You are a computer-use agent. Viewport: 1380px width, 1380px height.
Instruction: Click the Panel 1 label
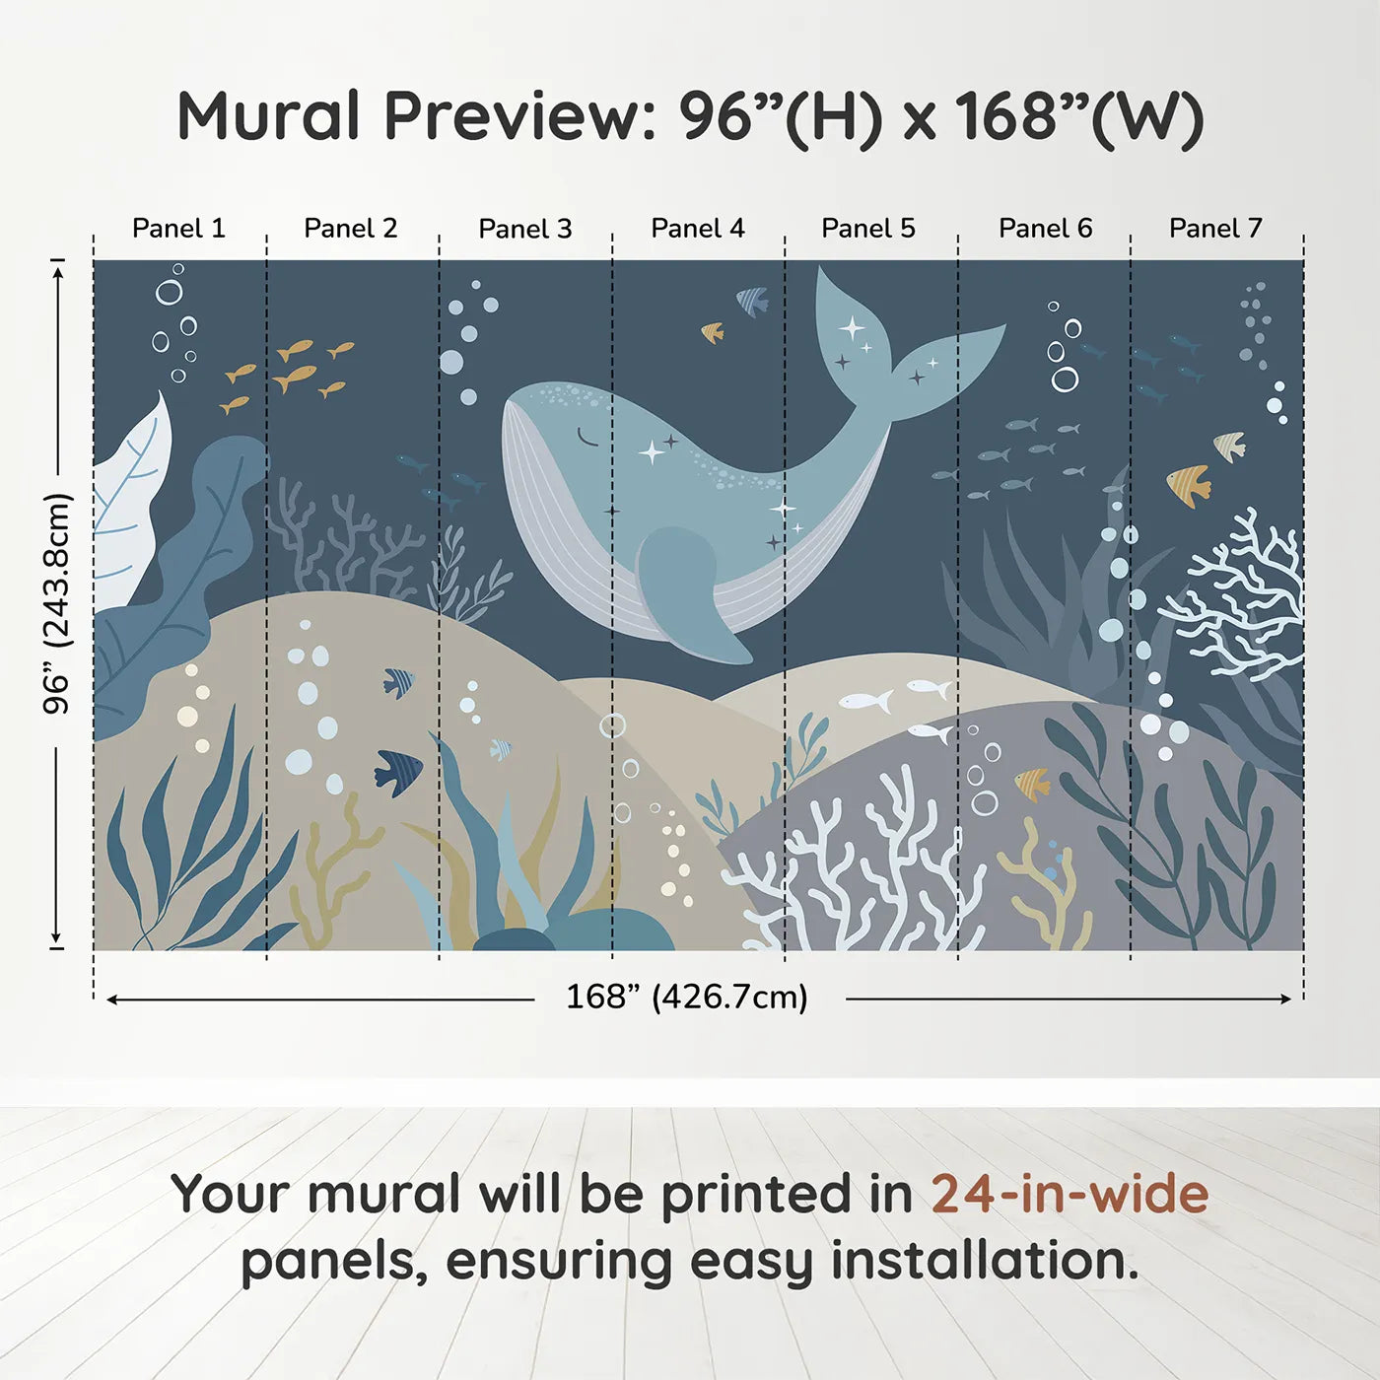(x=178, y=229)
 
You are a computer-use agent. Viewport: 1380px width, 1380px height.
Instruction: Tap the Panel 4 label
(x=697, y=229)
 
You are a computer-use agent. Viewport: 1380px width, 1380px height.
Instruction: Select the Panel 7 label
(x=1214, y=229)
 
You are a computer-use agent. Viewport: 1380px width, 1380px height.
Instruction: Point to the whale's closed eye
(x=587, y=437)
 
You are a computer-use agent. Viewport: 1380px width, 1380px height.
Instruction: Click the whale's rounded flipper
(x=685, y=591)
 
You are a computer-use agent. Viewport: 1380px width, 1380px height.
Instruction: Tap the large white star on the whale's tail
(x=852, y=327)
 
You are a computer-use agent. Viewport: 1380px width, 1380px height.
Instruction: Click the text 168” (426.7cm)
(x=686, y=997)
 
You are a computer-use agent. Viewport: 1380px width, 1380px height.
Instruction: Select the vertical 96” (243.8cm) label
(x=57, y=603)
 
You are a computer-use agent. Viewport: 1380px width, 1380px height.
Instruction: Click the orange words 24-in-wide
(x=1069, y=1194)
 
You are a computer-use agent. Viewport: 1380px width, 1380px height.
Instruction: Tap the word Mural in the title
(x=268, y=116)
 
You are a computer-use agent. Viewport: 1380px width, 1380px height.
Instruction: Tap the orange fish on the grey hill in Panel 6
(x=1033, y=784)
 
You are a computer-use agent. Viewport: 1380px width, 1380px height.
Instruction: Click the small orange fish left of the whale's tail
(x=712, y=332)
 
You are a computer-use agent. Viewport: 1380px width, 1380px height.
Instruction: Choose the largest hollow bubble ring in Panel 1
(x=169, y=292)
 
